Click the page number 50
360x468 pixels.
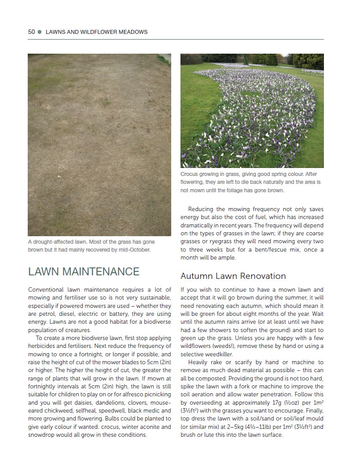pos(31,32)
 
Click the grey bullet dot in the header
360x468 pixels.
pos(40,32)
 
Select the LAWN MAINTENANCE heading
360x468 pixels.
pos(84,271)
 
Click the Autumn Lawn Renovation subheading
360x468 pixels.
pos(233,276)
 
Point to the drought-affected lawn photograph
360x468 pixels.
pos(99,145)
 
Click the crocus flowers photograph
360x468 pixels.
pos(252,110)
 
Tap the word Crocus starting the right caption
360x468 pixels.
pos(190,174)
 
